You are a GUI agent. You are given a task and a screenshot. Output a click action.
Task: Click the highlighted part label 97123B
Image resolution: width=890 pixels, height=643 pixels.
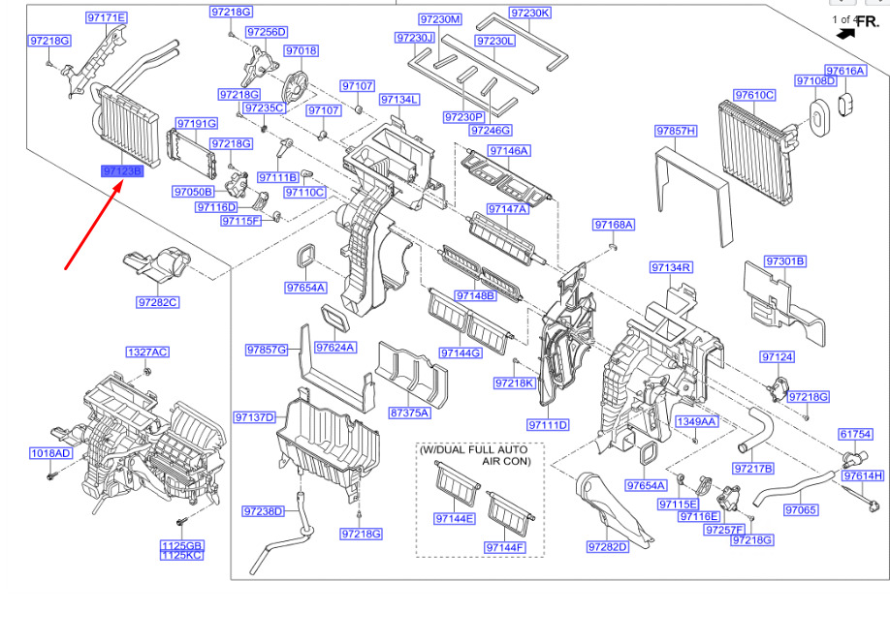[x=122, y=171]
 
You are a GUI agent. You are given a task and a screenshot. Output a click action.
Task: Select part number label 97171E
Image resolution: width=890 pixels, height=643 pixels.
[x=107, y=18]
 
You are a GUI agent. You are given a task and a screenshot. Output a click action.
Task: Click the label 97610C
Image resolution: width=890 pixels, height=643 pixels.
[x=753, y=95]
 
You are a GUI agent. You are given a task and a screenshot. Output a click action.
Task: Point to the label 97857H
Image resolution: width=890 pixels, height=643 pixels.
[x=676, y=130]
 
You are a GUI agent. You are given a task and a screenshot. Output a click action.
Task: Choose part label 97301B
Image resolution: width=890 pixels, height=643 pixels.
[x=785, y=261]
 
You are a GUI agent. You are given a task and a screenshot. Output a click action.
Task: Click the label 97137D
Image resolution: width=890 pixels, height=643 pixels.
[x=254, y=417]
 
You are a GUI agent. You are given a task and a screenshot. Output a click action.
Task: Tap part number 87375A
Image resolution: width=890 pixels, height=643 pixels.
[x=410, y=413]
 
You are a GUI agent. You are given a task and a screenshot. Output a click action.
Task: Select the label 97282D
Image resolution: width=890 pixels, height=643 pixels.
[x=608, y=547]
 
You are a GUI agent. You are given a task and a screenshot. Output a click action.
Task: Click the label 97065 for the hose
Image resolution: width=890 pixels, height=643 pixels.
[x=801, y=509]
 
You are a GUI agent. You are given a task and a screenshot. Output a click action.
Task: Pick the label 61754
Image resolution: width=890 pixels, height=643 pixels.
[x=856, y=435]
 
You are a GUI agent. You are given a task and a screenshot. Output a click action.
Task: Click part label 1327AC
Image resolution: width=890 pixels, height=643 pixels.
[x=146, y=352]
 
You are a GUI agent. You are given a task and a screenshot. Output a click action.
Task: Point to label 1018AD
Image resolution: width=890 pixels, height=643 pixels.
[x=50, y=453]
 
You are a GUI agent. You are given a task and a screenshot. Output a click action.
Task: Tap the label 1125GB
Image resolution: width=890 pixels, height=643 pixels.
[x=182, y=546]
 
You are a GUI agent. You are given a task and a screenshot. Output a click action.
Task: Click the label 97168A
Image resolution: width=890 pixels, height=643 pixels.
[x=614, y=225]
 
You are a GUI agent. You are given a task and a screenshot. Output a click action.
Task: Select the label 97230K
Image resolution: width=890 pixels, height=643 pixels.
[x=530, y=13]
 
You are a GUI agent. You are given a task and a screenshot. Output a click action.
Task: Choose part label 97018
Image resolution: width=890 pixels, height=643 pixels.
[x=301, y=50]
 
